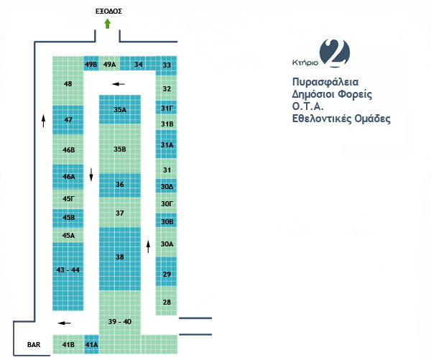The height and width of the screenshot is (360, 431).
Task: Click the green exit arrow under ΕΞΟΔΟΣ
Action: coord(108,24)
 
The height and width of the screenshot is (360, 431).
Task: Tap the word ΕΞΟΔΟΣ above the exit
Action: coord(108,11)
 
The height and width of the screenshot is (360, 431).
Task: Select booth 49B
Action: coord(91,64)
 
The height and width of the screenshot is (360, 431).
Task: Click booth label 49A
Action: coord(109,65)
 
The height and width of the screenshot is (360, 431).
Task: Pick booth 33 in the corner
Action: coord(167,65)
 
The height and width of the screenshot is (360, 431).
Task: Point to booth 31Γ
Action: coord(167,108)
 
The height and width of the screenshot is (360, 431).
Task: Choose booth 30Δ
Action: coord(167,186)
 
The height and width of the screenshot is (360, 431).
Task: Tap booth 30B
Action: coord(167,221)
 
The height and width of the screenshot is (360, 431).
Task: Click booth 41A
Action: coord(91,344)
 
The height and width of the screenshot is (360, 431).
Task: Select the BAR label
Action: coord(34,345)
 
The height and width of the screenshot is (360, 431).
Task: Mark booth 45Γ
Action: coord(68,199)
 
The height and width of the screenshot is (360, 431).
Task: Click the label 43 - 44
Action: coord(68,269)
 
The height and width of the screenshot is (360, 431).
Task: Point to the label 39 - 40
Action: coord(119,321)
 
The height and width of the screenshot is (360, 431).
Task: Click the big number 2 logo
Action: coord(335,53)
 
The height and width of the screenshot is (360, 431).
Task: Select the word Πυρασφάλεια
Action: coord(325,82)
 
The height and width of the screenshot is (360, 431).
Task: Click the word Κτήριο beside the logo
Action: coord(305,63)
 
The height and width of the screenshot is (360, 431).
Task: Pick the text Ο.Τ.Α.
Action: coord(307,106)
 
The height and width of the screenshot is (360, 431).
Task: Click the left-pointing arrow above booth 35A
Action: coord(119,84)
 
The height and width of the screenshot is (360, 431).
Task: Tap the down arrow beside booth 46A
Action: coord(91,175)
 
